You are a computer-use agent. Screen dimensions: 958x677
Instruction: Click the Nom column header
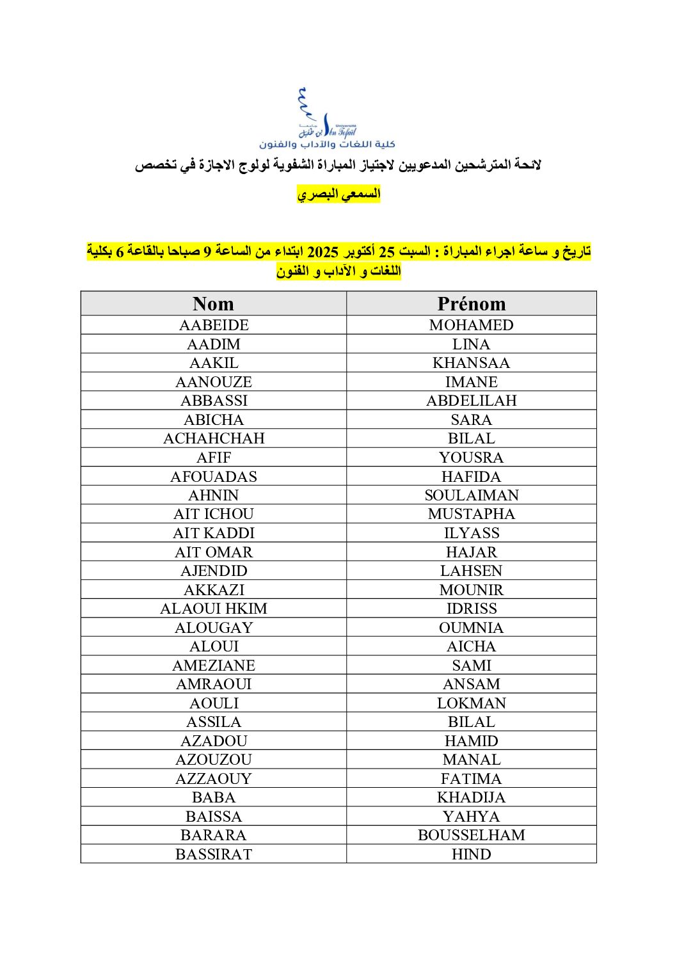coord(213,303)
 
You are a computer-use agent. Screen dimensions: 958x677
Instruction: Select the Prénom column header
coord(471,303)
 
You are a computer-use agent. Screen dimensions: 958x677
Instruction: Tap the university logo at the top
coord(327,119)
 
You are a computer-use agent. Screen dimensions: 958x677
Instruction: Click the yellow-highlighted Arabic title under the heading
coord(338,193)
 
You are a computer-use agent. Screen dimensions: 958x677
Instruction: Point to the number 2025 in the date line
coord(323,251)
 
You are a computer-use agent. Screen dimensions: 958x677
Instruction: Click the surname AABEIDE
coord(214,325)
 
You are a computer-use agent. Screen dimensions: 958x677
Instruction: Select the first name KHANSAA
coord(471,363)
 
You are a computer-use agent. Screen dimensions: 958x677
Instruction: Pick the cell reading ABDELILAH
coord(471,401)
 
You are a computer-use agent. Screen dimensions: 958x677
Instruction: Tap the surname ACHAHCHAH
coord(214,438)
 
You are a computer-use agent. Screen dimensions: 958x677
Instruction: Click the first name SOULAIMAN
coord(471,495)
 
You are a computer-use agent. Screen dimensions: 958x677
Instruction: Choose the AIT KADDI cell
coord(214,533)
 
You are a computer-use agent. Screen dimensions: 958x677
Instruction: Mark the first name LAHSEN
coord(471,571)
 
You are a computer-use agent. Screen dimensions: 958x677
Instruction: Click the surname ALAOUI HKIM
coord(214,609)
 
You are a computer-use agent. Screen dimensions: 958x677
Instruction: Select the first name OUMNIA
coord(471,628)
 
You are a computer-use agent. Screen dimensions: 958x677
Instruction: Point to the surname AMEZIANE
coord(214,666)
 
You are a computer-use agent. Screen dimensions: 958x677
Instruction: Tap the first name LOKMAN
coord(471,703)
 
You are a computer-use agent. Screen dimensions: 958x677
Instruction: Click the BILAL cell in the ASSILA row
coord(471,722)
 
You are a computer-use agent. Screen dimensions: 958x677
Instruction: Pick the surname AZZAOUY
coord(214,779)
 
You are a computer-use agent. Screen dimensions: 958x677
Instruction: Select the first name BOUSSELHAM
coord(471,835)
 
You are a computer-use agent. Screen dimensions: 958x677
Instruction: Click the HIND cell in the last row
coord(471,854)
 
